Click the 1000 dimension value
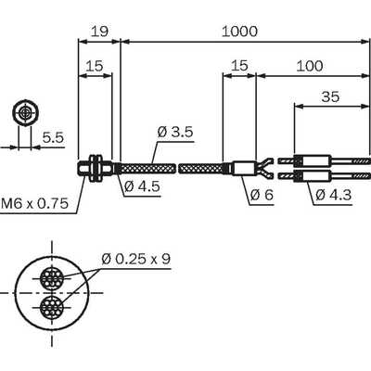click(x=239, y=32)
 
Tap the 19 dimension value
click(x=99, y=32)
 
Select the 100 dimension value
click(x=310, y=66)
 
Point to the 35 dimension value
click(x=330, y=96)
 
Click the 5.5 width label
click(x=53, y=137)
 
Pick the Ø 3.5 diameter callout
click(x=175, y=133)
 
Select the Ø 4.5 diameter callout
click(x=143, y=186)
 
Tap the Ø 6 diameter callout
click(x=262, y=195)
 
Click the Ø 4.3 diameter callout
click(x=334, y=195)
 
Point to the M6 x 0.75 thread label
click(x=34, y=203)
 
